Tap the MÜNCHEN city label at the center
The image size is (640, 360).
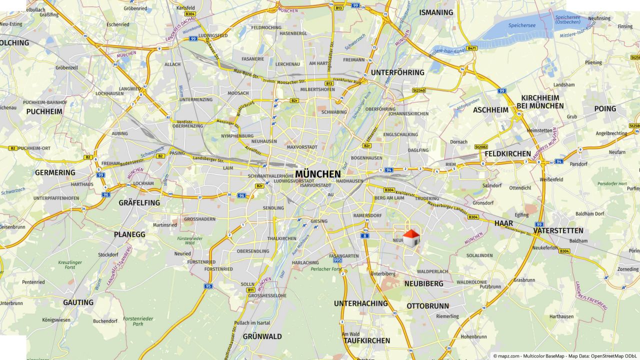point(318,174)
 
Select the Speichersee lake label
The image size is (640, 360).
point(521,24)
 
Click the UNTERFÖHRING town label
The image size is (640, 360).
point(397,72)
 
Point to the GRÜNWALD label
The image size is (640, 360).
point(262,336)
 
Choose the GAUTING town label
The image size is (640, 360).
point(78,302)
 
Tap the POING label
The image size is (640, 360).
point(605,109)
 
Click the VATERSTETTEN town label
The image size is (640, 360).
point(558,231)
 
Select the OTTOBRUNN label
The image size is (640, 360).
point(427,306)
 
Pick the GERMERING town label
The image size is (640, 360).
point(55,172)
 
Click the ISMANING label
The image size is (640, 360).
point(436,12)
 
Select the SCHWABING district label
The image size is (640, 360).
point(334,112)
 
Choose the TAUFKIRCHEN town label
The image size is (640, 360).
point(366,341)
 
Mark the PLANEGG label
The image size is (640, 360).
point(129,234)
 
